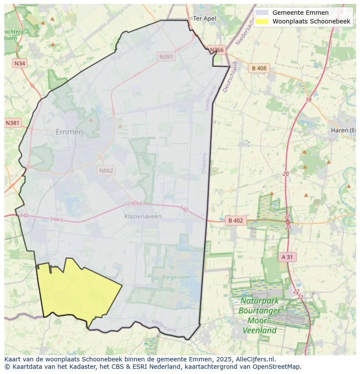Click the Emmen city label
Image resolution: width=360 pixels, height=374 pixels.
pyautogui.click(x=69, y=132)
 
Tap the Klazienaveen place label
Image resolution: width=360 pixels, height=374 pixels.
pyautogui.click(x=143, y=216)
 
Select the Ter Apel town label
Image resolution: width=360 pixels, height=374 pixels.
pyautogui.click(x=204, y=18)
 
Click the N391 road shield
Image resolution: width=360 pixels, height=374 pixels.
pyautogui.click(x=167, y=57)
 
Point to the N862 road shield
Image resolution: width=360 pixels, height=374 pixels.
pyautogui.click(x=106, y=170)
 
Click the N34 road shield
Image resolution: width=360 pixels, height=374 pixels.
pyautogui.click(x=20, y=63)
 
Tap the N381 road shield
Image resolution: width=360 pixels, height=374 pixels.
pyautogui.click(x=13, y=123)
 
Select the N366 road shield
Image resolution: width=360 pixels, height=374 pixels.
pyautogui.click(x=217, y=50)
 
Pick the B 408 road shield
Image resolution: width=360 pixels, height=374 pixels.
pyautogui.click(x=259, y=68)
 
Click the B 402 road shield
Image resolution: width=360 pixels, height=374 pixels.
pyautogui.click(x=236, y=221)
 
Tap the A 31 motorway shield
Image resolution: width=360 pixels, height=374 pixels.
pyautogui.click(x=287, y=257)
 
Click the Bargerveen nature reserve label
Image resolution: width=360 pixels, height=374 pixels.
pyautogui.click(x=176, y=277)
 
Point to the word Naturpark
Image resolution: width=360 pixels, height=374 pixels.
pyautogui.click(x=260, y=301)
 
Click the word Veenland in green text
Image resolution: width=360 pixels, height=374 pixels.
pyautogui.click(x=259, y=330)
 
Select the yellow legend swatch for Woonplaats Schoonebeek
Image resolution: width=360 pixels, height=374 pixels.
pyautogui.click(x=262, y=21)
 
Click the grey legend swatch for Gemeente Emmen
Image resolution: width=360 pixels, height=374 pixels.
pyautogui.click(x=262, y=13)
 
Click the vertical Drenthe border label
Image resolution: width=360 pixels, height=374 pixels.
pyautogui.click(x=204, y=163)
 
